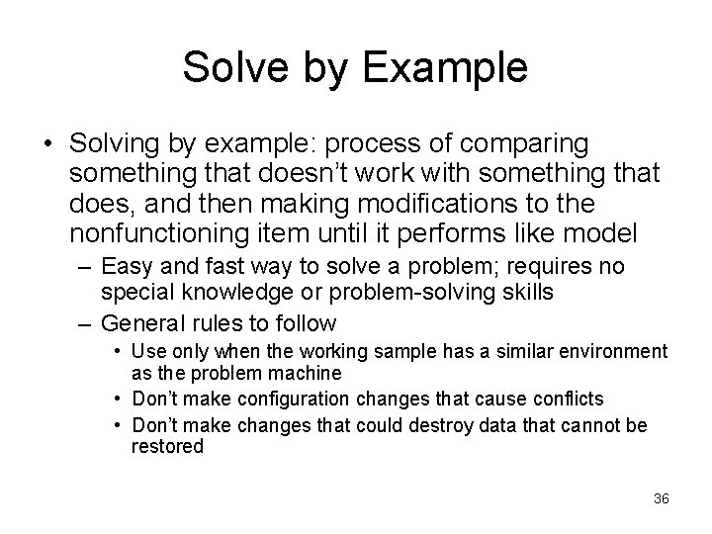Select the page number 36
pos(662,498)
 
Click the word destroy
pos(409,425)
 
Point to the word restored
pos(167,446)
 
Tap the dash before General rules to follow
pos(86,323)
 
